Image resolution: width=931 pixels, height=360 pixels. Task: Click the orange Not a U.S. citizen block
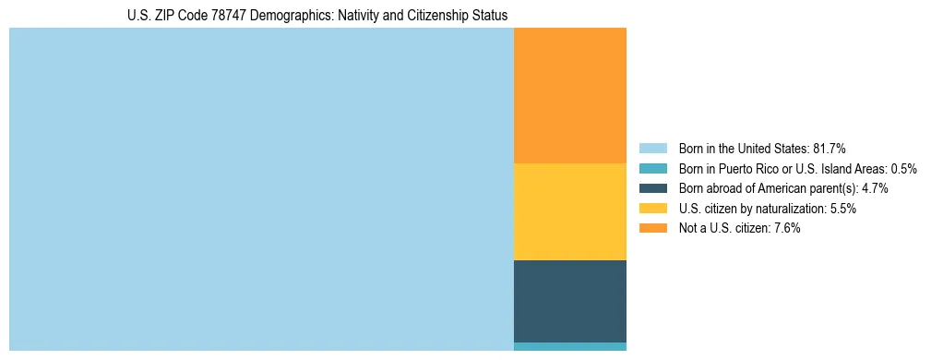click(569, 95)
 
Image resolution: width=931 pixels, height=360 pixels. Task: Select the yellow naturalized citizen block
click(569, 211)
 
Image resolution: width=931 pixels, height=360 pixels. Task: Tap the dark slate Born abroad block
click(569, 301)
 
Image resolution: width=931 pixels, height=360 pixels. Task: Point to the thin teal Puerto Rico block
click(569, 346)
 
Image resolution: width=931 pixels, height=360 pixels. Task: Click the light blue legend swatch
click(652, 148)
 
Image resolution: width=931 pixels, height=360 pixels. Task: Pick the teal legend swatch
click(652, 168)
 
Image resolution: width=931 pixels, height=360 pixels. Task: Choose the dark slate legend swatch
click(652, 188)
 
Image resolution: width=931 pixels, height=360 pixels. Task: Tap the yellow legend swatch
click(652, 209)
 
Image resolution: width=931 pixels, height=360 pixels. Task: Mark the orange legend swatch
click(652, 229)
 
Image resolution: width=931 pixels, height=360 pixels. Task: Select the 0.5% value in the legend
click(904, 168)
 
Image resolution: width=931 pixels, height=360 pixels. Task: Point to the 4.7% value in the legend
click(875, 188)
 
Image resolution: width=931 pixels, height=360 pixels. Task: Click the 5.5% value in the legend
click(842, 209)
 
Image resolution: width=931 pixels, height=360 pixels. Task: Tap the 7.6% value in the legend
click(787, 229)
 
